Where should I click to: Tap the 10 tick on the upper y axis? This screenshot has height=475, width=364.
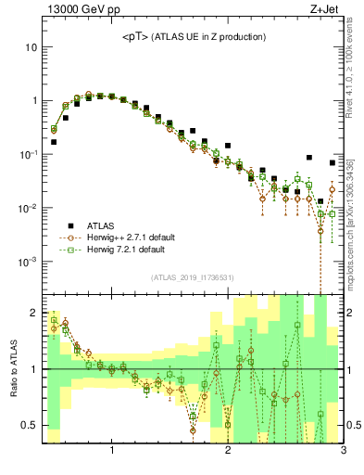(31, 46)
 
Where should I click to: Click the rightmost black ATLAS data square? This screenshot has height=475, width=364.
(333, 163)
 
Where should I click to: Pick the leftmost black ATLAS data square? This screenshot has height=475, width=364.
(54, 142)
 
